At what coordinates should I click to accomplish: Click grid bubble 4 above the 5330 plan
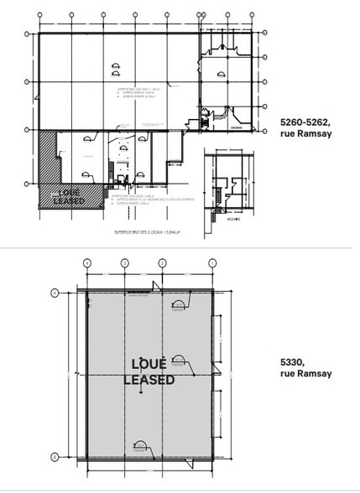87,262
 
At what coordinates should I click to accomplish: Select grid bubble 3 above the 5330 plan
124,262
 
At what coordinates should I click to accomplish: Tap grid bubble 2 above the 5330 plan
163,262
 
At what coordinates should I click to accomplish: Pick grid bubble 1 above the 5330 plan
201,262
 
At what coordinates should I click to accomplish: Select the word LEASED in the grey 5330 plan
149,380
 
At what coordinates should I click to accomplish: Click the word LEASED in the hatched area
67,200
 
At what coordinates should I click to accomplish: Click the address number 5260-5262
305,122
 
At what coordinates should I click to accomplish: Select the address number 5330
291,362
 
